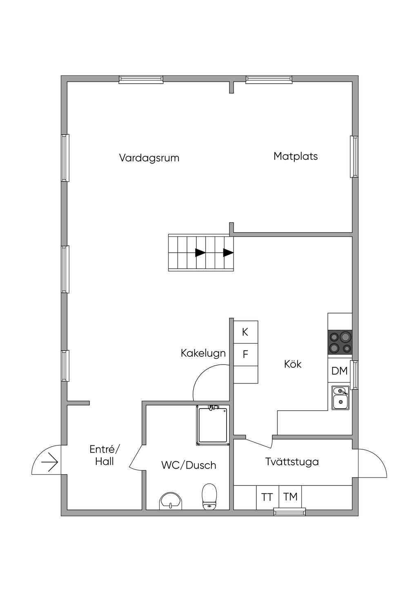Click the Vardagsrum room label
(149, 158)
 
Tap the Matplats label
(296, 156)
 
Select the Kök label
(293, 364)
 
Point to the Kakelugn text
(203, 353)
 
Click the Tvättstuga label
(292, 462)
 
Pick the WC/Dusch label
(189, 465)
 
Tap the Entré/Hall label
(105, 455)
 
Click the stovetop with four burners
(340, 342)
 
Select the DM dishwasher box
(339, 371)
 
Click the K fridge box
(246, 332)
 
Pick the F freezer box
(246, 354)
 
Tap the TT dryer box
(267, 497)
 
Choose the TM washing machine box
(290, 497)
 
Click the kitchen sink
(340, 398)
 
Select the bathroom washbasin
(171, 501)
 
